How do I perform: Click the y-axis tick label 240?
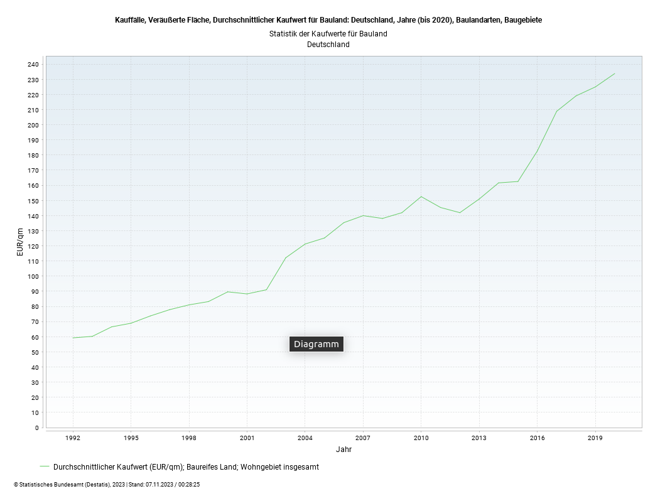coord(33,65)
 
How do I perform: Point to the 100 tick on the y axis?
coord(33,276)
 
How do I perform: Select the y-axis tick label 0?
coord(36,428)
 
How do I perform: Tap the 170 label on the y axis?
coord(33,170)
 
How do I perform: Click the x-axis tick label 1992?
coord(73,438)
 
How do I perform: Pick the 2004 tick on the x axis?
coord(305,438)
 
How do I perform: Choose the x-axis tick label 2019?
coord(595,438)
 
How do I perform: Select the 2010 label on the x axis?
coord(421,438)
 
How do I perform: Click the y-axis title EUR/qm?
coord(21,242)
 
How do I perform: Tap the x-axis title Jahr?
coord(343,450)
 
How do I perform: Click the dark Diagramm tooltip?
coord(316,344)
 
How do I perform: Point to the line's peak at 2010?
coord(421,197)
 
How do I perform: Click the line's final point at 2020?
coord(614,73)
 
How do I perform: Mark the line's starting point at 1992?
coord(73,338)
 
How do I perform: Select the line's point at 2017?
coord(556,111)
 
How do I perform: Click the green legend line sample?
coord(44,466)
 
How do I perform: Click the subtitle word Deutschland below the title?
coord(328,45)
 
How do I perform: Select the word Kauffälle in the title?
coord(130,20)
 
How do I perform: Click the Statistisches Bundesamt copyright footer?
coord(106,485)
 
